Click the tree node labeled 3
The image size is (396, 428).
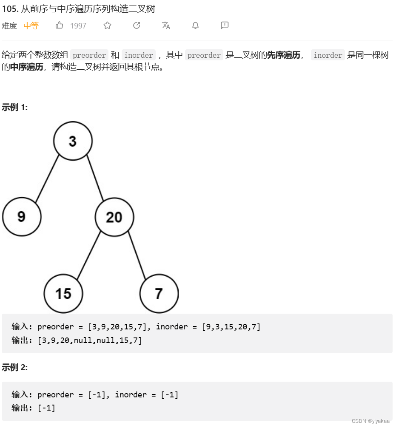[73, 141]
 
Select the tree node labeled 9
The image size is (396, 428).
[22, 217]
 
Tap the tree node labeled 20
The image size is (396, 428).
[114, 217]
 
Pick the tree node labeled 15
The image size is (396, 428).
[63, 293]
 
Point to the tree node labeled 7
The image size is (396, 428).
[159, 293]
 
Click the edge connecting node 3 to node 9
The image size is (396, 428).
[47, 179]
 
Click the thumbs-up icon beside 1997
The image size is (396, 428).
[59, 26]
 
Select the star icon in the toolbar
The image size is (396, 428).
[107, 26]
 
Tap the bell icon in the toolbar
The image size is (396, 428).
[195, 26]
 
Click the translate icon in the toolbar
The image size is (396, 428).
[166, 26]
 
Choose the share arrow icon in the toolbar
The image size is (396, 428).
[137, 26]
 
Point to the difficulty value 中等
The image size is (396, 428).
[31, 26]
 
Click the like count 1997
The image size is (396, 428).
[78, 26]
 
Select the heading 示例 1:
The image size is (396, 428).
[15, 108]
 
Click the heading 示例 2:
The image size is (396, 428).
[15, 368]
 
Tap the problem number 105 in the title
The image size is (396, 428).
[9, 9]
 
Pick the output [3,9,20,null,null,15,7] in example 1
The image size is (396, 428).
[90, 340]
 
